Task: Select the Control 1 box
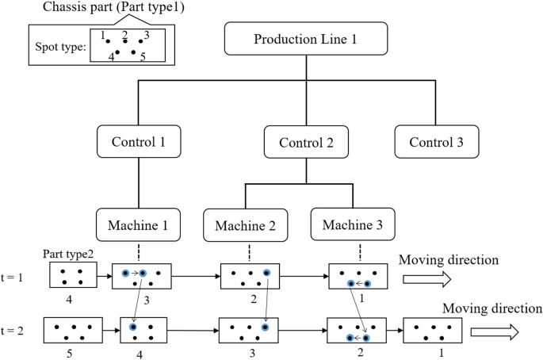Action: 140,142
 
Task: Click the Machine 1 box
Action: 139,224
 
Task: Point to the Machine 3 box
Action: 351,224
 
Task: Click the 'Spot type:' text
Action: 60,46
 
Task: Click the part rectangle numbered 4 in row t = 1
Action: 72,276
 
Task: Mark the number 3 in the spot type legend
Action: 147,35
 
